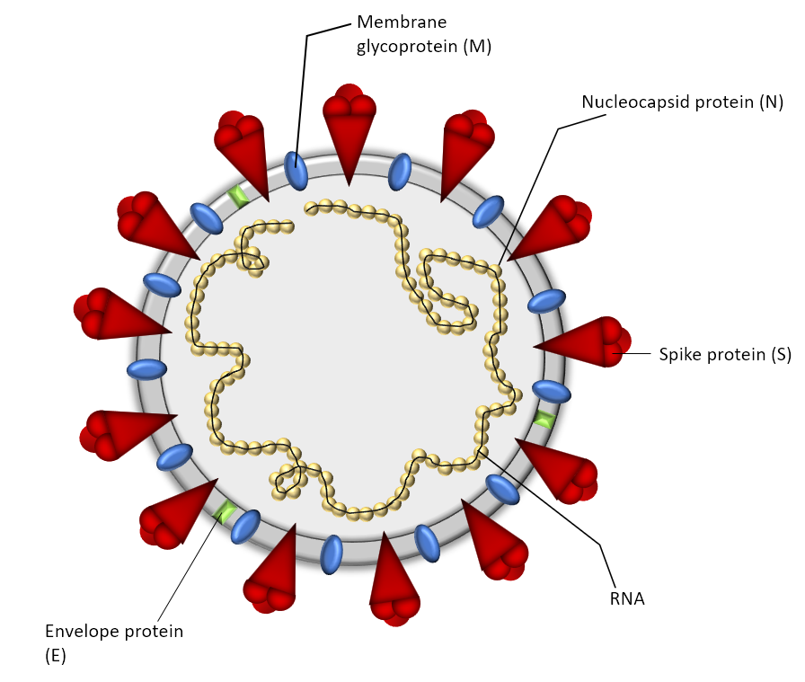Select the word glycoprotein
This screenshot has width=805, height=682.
408,47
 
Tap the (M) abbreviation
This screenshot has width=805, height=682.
477,47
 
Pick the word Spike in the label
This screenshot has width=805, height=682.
678,354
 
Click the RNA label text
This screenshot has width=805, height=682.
627,598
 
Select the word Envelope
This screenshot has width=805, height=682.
80,632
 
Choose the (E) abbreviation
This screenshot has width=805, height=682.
55,656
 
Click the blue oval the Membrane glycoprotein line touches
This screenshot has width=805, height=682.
296,170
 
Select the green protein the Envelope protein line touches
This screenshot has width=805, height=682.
224,512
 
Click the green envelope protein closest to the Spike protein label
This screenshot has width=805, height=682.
544,418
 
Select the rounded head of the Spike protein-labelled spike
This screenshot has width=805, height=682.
611,341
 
